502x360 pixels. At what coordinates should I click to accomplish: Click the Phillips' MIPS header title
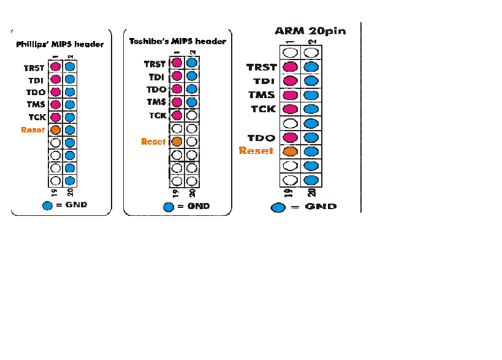[x=60, y=44]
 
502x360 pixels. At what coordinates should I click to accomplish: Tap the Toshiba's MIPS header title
[x=178, y=41]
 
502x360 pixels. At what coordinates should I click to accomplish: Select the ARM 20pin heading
[x=310, y=31]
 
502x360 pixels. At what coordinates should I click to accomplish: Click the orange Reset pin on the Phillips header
[x=55, y=130]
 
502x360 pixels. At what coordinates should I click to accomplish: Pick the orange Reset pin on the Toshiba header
[x=177, y=141]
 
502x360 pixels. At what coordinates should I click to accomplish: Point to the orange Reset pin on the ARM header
[x=291, y=151]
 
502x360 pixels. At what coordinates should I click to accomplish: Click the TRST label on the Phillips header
[x=34, y=68]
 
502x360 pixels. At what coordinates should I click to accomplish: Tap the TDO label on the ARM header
[x=261, y=138]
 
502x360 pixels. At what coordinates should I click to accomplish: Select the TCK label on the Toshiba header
[x=158, y=115]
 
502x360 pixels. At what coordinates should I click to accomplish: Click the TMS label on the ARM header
[x=262, y=95]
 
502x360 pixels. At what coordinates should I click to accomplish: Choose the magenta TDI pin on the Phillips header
[x=55, y=79]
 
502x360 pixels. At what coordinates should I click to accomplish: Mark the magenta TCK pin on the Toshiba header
[x=177, y=115]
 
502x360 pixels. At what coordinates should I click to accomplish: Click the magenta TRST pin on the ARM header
[x=291, y=67]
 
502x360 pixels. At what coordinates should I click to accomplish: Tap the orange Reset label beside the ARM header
[x=256, y=150]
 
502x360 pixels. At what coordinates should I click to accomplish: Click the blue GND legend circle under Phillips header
[x=47, y=205]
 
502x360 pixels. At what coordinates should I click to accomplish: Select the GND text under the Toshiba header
[x=199, y=206]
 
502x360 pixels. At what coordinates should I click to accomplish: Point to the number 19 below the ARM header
[x=289, y=193]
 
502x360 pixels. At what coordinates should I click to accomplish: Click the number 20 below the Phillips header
[x=70, y=192]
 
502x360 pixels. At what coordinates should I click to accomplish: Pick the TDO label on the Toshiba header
[x=156, y=90]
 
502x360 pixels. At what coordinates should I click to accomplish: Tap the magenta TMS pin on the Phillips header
[x=55, y=104]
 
